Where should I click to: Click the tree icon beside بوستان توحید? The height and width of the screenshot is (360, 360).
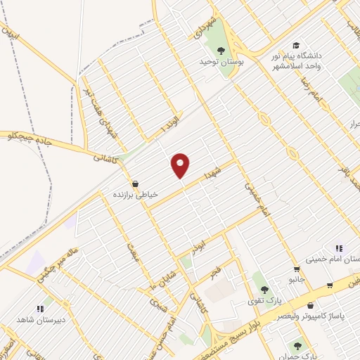click(x=221, y=50)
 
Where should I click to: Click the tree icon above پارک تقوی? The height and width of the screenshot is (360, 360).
click(x=264, y=289)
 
